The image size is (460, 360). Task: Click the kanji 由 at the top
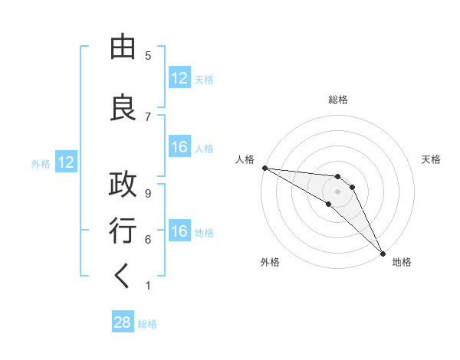click(x=123, y=47)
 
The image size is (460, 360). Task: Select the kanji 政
click(x=123, y=185)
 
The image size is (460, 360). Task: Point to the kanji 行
click(x=123, y=231)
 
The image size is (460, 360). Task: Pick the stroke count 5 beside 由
click(x=148, y=56)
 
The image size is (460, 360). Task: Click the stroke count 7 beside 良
click(x=148, y=116)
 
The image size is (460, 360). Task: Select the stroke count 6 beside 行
click(x=148, y=239)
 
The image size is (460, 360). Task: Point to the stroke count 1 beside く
click(x=148, y=285)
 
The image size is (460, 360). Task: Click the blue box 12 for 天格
click(x=179, y=78)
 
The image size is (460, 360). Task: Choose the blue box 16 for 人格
click(x=179, y=147)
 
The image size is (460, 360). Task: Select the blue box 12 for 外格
click(x=65, y=162)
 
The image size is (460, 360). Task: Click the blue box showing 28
click(x=123, y=322)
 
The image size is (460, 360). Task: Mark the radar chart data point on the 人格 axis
click(x=264, y=168)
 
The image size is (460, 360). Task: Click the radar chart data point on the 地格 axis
click(x=381, y=252)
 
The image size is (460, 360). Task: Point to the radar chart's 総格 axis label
click(x=337, y=100)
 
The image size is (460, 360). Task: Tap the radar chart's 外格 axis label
click(x=270, y=262)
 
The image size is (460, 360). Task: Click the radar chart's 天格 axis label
click(x=432, y=159)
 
